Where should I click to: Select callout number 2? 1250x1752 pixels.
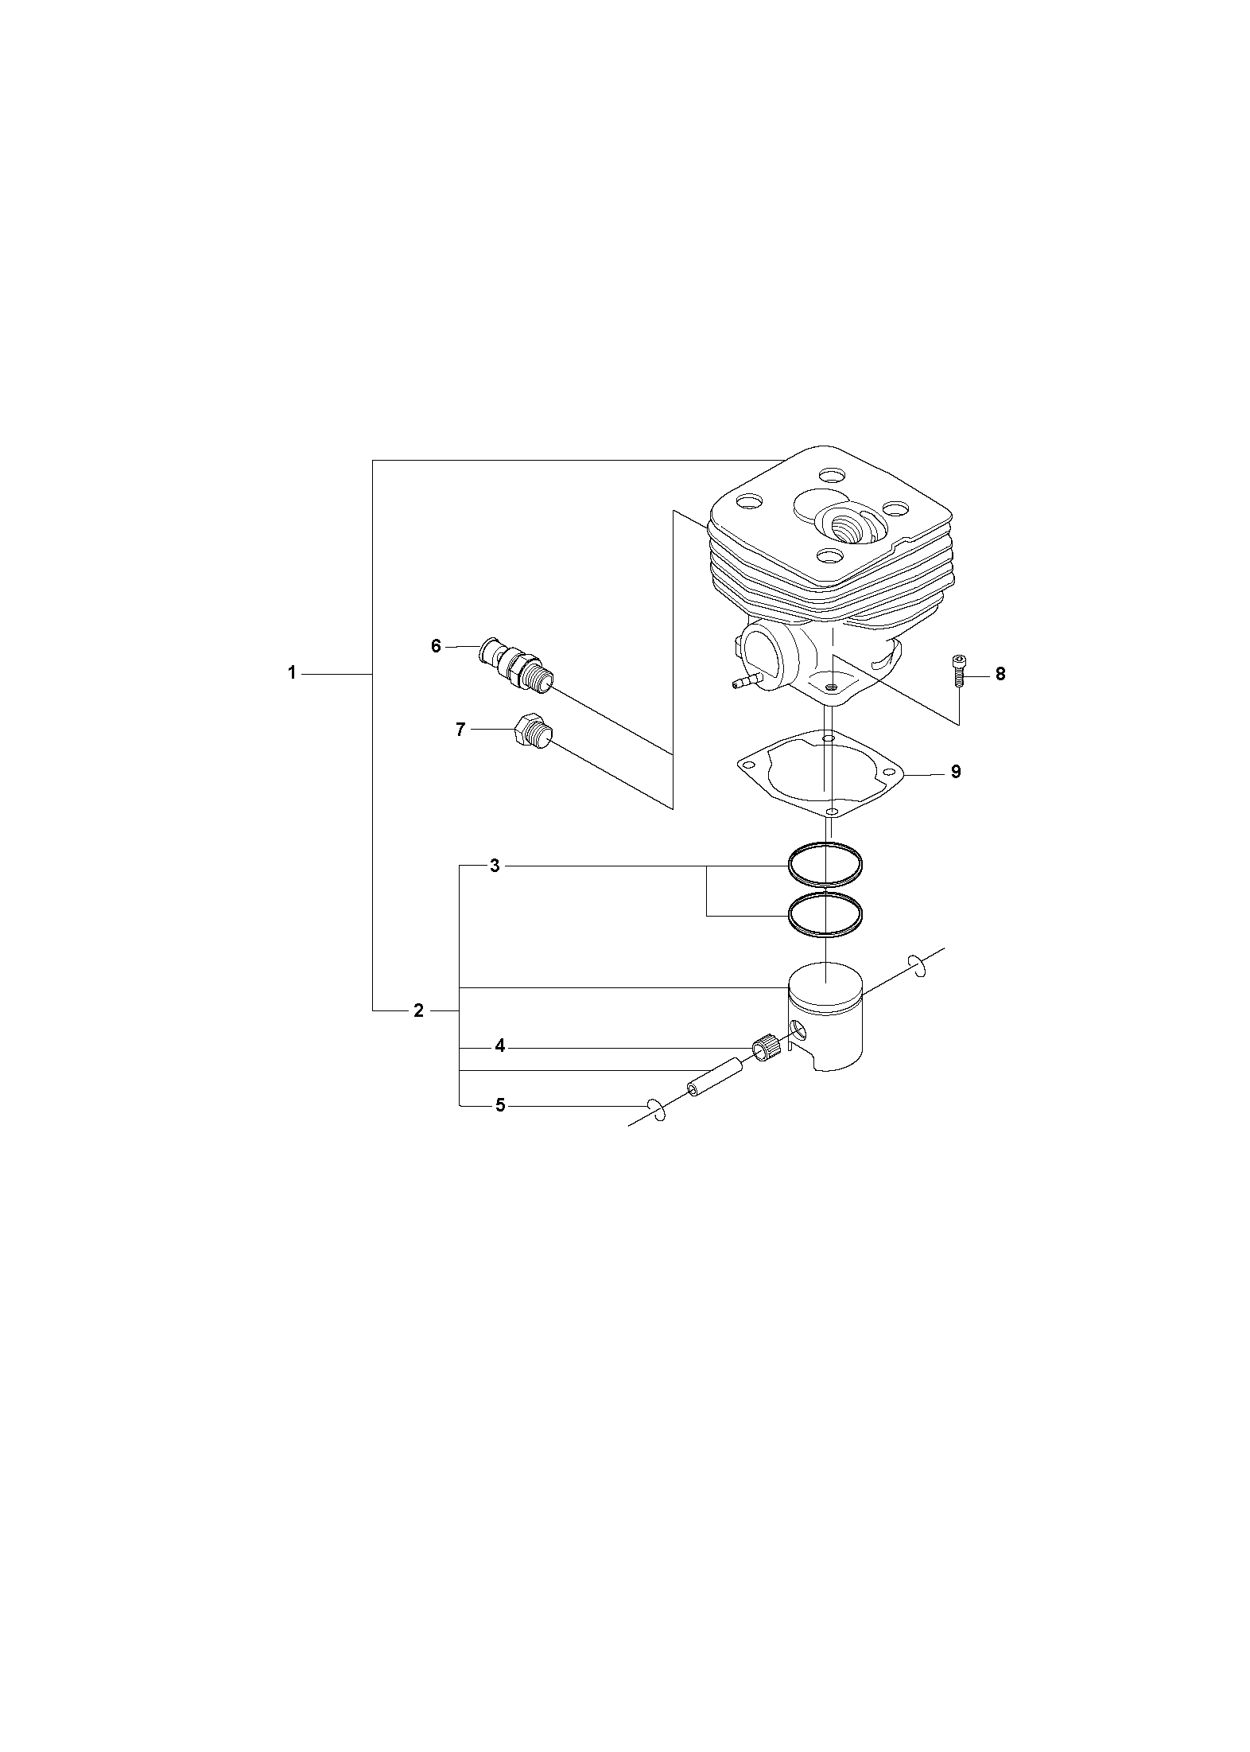(x=418, y=1011)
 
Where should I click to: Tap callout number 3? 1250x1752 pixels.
(x=495, y=866)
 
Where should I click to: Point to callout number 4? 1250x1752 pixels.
(x=499, y=1046)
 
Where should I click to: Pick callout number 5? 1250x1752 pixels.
(x=499, y=1105)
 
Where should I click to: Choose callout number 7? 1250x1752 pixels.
(x=460, y=729)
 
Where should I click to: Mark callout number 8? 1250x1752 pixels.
(x=1000, y=674)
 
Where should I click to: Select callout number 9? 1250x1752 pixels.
(x=956, y=772)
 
